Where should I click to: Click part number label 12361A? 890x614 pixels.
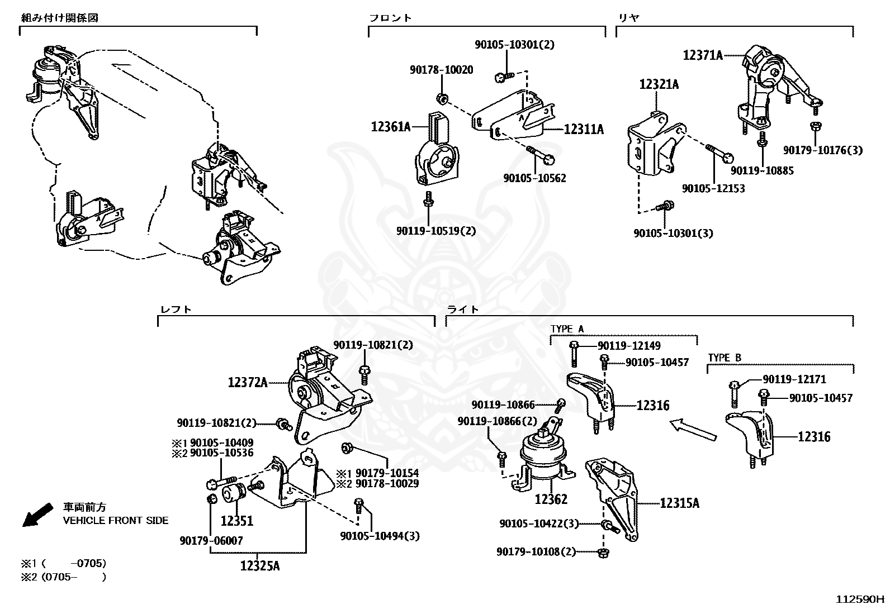coord(391,127)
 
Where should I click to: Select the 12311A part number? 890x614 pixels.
coord(584,129)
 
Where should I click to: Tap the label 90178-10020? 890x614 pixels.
coord(442,70)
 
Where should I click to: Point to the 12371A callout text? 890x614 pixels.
coord(703,55)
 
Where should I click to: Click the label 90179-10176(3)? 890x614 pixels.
coord(823,150)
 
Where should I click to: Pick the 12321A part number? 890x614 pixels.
coord(659,84)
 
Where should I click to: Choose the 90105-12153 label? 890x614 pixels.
coord(713,188)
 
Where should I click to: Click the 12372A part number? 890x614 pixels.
coord(248,383)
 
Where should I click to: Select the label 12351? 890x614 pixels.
coord(237,521)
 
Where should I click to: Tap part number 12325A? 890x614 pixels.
coord(260,565)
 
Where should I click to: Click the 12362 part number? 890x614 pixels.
coord(551,499)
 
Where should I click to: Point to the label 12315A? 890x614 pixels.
coord(679,503)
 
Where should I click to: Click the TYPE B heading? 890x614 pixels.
coord(725,358)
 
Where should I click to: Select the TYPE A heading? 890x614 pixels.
coord(567,329)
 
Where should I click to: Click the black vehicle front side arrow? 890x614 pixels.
coord(37,515)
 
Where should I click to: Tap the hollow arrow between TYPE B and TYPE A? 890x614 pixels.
coord(693,430)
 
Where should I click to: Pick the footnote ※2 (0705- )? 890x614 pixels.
coord(64,577)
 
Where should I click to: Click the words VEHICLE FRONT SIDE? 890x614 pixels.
coord(116,520)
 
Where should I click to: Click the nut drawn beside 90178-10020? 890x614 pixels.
coord(441,98)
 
